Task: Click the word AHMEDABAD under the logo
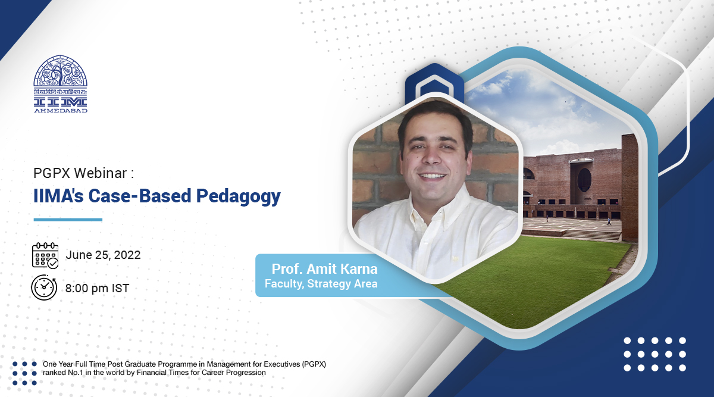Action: tap(61, 110)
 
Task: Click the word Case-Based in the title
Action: tap(136, 196)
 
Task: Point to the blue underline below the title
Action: tap(68, 220)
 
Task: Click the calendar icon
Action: tap(45, 256)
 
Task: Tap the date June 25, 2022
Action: tap(104, 255)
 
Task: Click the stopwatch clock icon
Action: tap(44, 287)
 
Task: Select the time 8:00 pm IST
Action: tap(98, 288)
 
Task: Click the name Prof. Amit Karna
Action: tap(324, 268)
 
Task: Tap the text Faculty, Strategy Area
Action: tap(321, 284)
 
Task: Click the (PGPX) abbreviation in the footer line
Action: tap(311, 364)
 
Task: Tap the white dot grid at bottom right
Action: tap(654, 354)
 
